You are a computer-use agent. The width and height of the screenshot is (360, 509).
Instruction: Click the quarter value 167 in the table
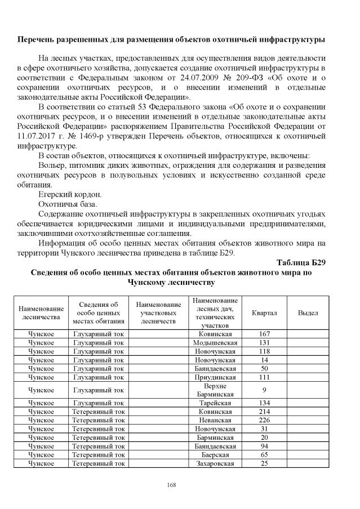pyautogui.click(x=264, y=334)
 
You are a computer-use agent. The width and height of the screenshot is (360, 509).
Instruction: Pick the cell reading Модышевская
pyautogui.click(x=214, y=342)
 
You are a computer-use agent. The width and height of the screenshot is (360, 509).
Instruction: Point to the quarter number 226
pyautogui.click(x=264, y=419)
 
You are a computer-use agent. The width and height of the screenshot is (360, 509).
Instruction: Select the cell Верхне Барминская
pyautogui.click(x=214, y=390)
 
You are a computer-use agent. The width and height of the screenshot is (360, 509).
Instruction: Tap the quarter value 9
pyautogui.click(x=264, y=390)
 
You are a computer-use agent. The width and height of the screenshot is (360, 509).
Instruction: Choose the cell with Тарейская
pyautogui.click(x=214, y=403)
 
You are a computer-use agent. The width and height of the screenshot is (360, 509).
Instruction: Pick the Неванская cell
pyautogui.click(x=214, y=419)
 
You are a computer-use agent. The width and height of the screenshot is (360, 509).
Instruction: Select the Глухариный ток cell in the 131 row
pyautogui.click(x=99, y=342)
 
